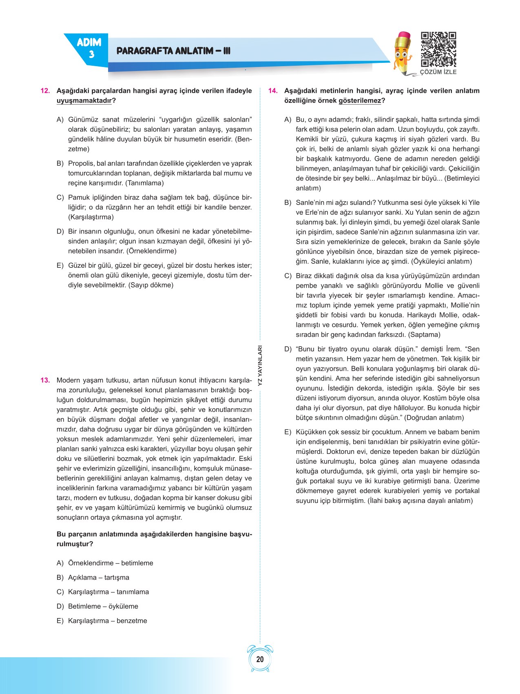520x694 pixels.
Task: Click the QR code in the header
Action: point(438,49)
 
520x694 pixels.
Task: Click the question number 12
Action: point(45,91)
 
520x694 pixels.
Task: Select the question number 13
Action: point(45,380)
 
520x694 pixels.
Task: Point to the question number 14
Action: point(273,91)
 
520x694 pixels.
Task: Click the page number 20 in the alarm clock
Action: point(260,659)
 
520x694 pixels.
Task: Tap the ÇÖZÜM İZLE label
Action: point(438,72)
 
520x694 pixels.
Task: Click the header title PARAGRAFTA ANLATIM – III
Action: point(173,51)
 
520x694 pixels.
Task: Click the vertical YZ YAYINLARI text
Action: point(260,366)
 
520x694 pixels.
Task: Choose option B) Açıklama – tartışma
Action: point(98,578)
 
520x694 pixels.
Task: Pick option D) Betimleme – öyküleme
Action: point(103,607)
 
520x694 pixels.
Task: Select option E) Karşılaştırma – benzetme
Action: point(107,621)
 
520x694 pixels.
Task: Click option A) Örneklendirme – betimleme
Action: point(110,563)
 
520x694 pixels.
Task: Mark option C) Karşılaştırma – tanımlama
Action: point(108,592)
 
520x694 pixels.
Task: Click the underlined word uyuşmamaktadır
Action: point(84,101)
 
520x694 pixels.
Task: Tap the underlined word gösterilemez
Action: point(360,101)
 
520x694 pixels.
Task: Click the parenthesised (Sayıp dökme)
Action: point(151,285)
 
